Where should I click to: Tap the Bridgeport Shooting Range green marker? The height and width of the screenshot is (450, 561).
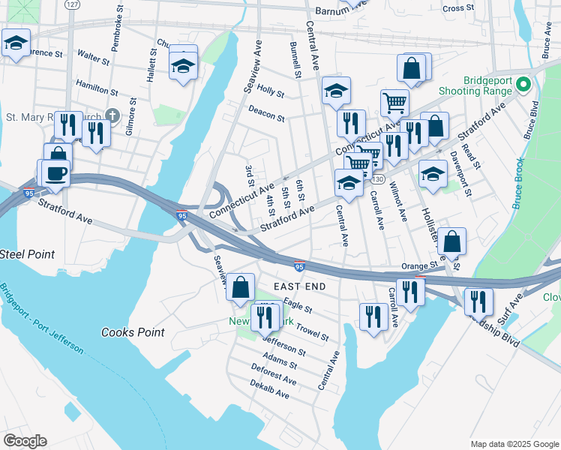pos(523,84)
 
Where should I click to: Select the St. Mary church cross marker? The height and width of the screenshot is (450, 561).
pos(112,115)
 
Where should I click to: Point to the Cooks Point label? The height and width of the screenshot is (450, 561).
pos(133,331)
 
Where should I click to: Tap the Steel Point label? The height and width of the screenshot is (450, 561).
pos(27,254)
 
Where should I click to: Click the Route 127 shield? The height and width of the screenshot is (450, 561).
pos(71,4)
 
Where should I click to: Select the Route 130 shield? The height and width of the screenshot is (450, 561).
pos(378,178)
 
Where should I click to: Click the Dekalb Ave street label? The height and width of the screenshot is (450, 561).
pos(270,389)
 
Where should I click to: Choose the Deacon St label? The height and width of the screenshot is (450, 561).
pos(267,113)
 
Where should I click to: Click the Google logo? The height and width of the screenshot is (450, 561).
pos(25,440)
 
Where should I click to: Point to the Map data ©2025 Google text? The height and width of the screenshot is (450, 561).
pos(513,444)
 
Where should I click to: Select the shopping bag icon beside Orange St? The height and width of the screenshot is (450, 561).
pos(452,242)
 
